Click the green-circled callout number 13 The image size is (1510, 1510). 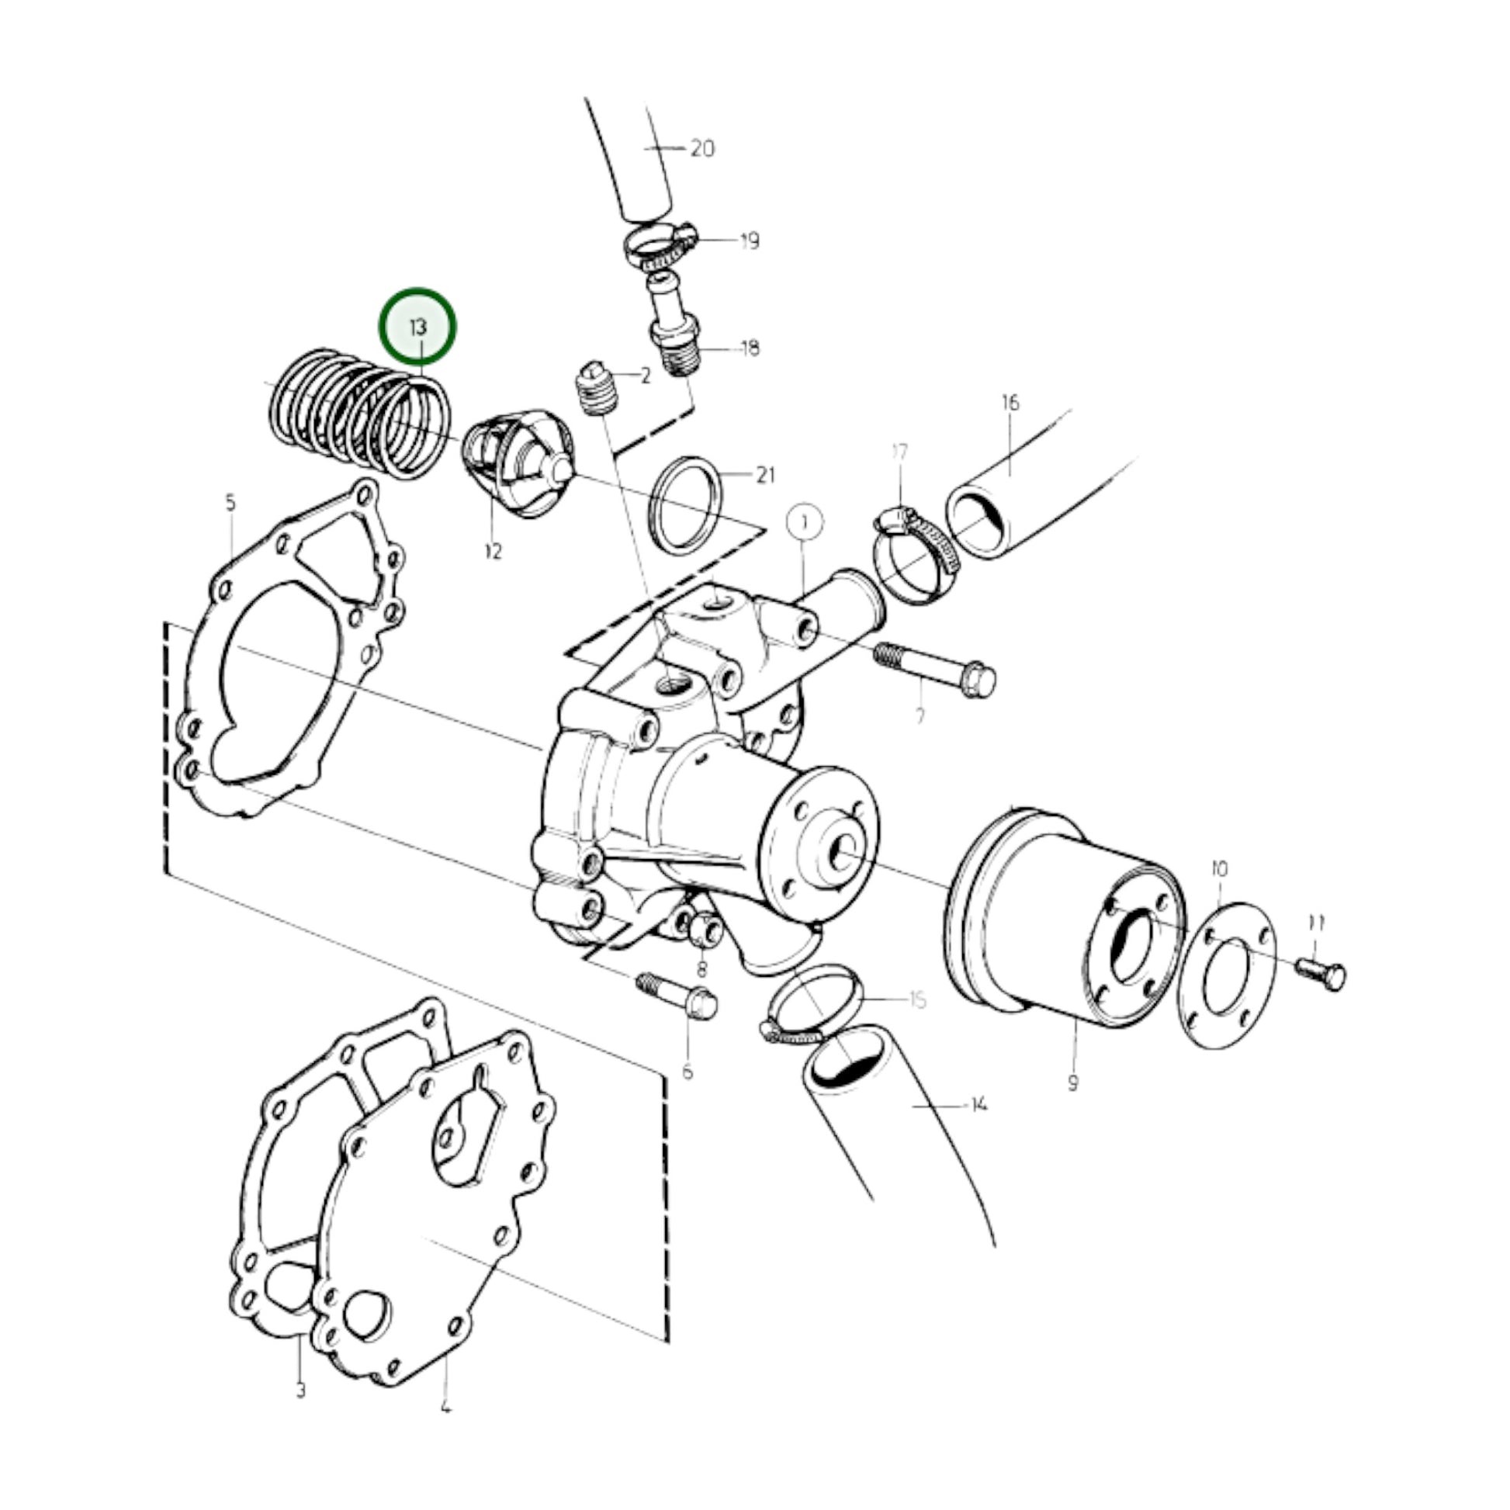click(x=417, y=327)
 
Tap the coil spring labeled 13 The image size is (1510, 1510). click(x=358, y=415)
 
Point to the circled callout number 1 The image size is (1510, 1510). click(x=804, y=521)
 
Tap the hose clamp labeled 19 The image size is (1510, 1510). click(x=661, y=247)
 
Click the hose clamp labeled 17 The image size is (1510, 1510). click(x=914, y=555)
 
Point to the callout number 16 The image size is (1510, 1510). click(x=1010, y=403)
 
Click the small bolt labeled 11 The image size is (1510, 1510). click(x=1320, y=974)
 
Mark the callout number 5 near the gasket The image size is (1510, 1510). click(x=230, y=502)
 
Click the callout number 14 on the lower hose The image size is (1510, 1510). click(x=978, y=1104)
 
